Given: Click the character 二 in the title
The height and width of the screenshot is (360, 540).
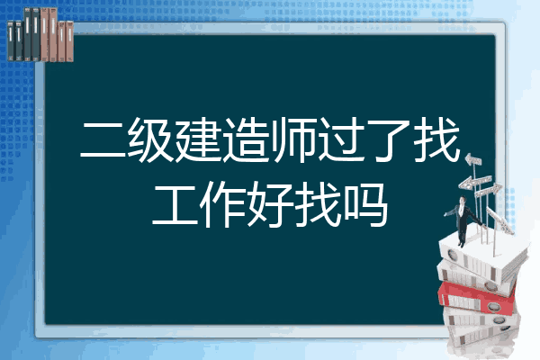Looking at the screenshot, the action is pos(103,140).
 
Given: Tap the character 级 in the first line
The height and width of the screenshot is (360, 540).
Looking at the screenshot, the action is pos(150,140).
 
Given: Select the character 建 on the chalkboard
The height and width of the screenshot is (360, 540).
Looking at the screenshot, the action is pos(198,140).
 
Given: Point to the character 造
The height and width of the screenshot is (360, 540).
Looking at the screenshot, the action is pos(246,140).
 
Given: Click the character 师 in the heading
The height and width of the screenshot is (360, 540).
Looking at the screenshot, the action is pos(293,140).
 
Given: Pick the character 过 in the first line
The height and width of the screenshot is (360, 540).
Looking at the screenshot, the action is pos(341,140).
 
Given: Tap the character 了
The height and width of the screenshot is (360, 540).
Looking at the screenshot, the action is pos(389,140).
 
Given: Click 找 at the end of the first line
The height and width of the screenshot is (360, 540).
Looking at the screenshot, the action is pos(436,140).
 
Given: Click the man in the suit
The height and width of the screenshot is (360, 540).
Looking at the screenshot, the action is pos(463,220).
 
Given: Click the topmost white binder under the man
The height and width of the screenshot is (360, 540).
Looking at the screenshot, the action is pos(482,256).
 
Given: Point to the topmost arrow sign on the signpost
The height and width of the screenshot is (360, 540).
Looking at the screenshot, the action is pos(473,159).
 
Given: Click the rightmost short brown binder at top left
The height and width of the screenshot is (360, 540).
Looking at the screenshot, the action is pos(69,41).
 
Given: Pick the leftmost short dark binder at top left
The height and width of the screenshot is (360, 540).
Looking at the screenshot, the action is pos(11,40).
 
